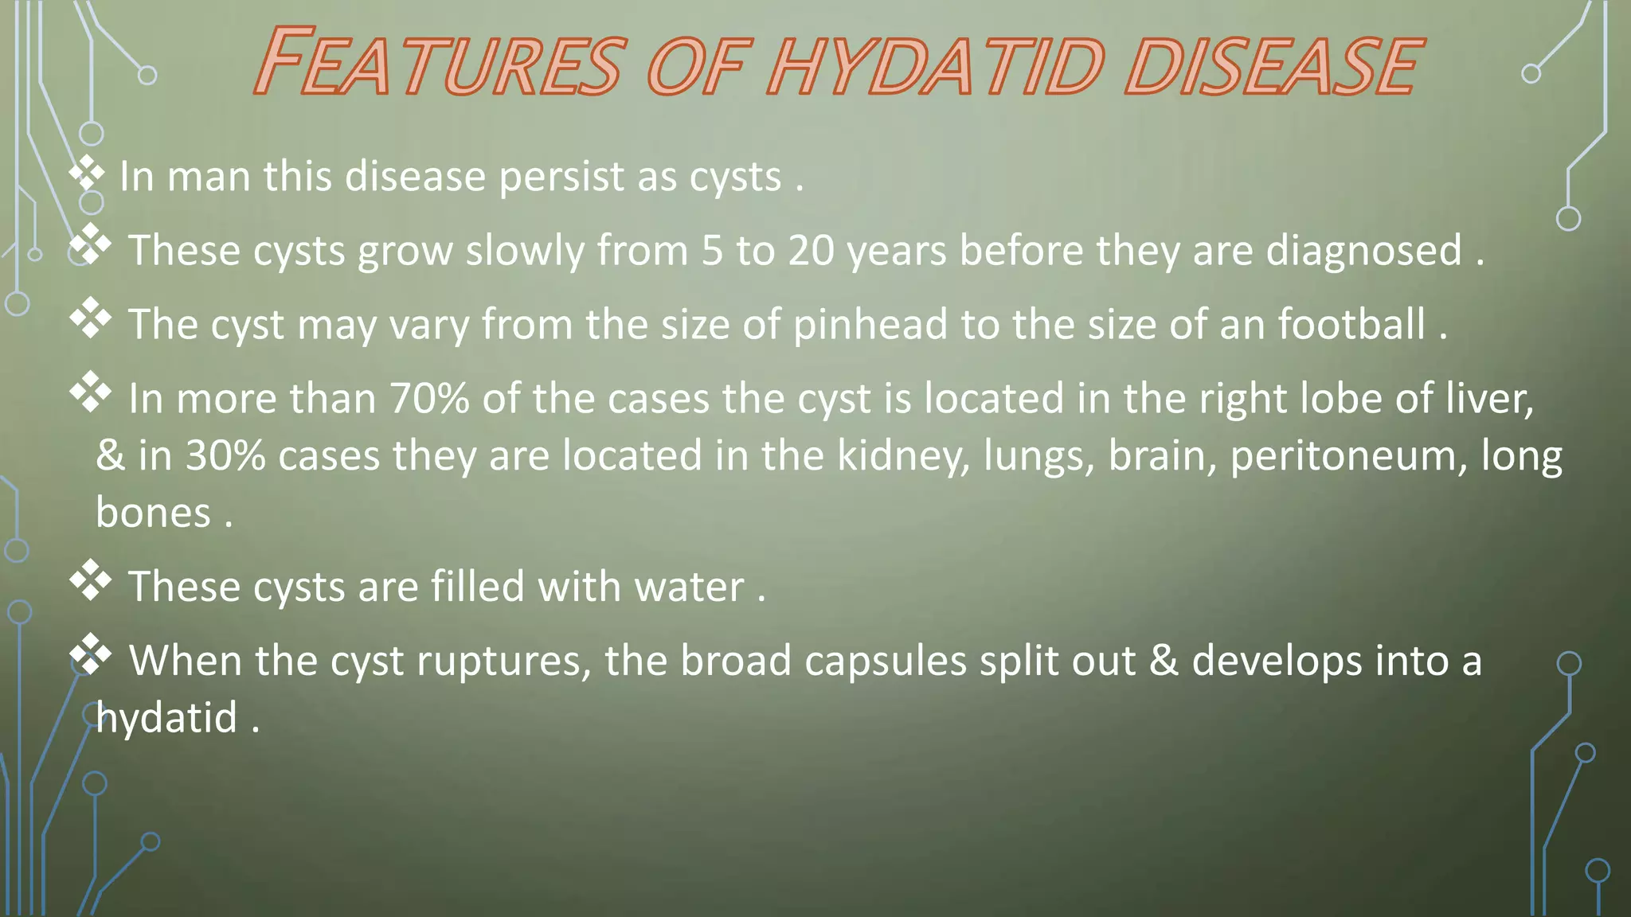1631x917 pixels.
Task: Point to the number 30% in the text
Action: point(225,455)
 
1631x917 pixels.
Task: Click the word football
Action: point(1351,325)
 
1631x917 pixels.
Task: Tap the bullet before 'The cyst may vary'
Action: point(90,318)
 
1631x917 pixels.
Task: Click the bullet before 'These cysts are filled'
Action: point(90,580)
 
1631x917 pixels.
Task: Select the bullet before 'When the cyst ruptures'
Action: point(90,654)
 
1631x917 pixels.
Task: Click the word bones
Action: point(153,513)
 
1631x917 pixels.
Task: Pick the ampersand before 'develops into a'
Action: point(1164,661)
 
